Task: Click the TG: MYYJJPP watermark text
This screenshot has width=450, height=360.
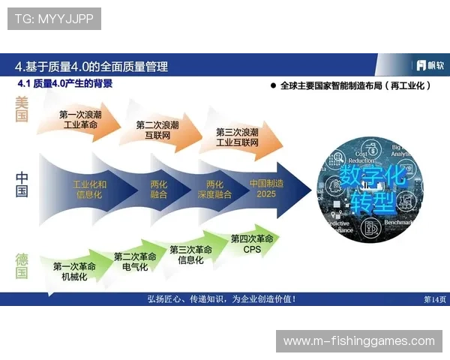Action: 54,19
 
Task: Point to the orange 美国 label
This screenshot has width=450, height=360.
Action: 22,109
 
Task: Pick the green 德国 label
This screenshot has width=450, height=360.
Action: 22,265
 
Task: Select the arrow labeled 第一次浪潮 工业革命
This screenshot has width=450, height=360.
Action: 81,120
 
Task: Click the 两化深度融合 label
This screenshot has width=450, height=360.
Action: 214,188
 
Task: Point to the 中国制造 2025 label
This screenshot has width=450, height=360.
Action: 266,188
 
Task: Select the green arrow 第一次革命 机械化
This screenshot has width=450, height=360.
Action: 74,271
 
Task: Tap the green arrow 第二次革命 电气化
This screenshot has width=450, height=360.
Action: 135,262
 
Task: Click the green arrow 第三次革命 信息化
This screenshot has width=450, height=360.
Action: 190,255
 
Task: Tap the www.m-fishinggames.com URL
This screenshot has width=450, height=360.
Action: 358,341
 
